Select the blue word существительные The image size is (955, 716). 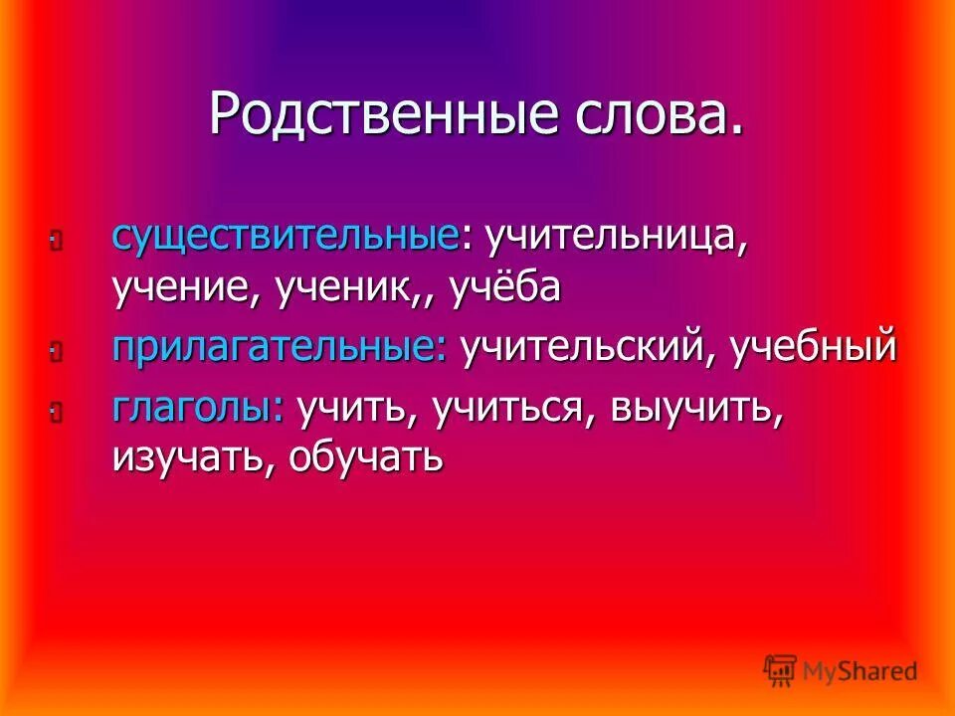(286, 237)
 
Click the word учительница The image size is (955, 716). (614, 237)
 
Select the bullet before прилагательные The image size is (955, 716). (55, 350)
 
